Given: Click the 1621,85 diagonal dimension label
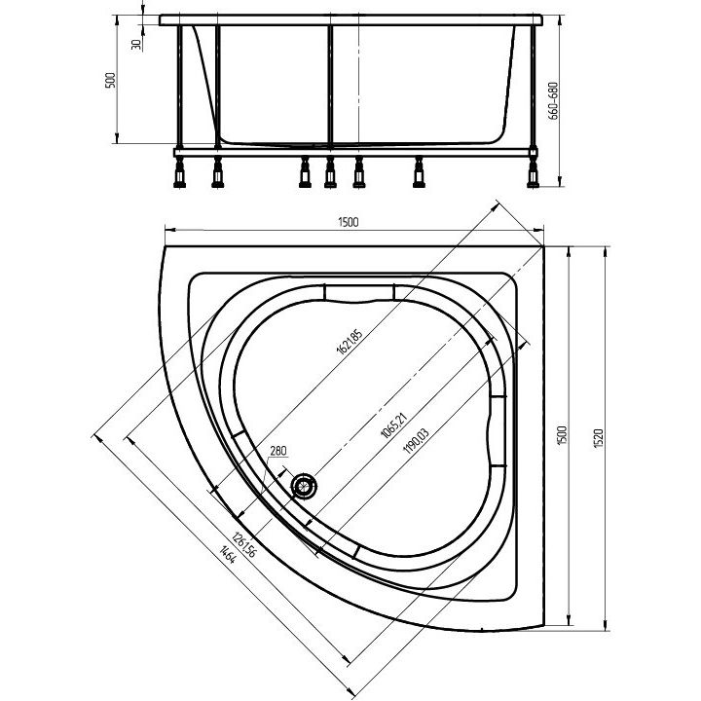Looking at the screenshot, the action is pos(350,341).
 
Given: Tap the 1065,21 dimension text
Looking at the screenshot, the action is pos(394,424).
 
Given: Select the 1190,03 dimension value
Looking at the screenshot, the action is pos(416,441).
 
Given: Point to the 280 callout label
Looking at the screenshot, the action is pos(277,451).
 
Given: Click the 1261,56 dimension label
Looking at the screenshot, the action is pos(244,544).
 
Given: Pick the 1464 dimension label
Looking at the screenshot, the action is pos(227,554).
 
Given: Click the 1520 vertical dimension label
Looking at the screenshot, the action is pos(599,438).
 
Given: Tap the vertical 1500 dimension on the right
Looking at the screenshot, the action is pos(562,434).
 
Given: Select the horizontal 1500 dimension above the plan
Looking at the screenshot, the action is pos(349,222).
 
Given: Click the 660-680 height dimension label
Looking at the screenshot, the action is pos(553,101).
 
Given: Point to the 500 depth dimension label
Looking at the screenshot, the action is pos(110,81).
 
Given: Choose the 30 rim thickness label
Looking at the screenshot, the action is pos(136,44).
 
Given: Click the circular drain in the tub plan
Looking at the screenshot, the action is pos(305,486).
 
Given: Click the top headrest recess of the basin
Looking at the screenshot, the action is pos(359,293).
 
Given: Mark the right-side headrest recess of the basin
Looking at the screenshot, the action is pos(498,431).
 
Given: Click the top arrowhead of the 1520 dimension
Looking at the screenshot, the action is pos(606,252).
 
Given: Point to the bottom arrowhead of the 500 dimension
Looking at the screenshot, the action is pos(117,138).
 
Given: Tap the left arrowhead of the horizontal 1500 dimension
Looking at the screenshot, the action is pos(170,230).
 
